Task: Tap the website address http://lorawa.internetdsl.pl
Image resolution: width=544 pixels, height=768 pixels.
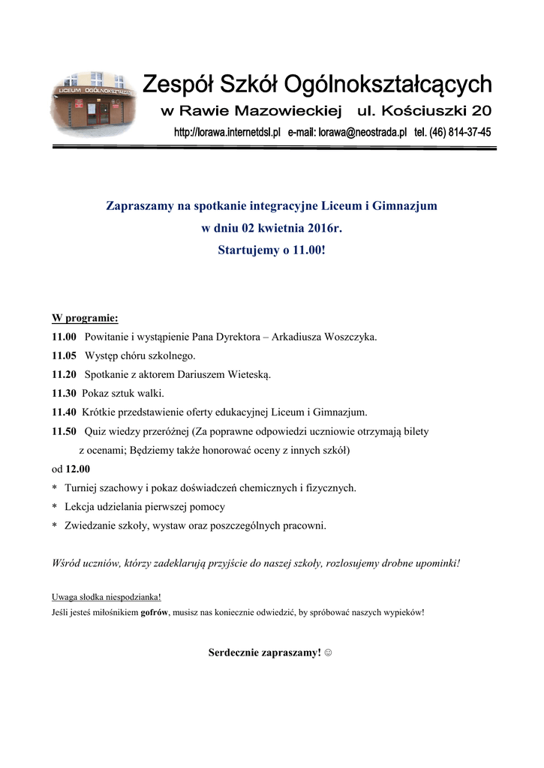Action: click(x=227, y=132)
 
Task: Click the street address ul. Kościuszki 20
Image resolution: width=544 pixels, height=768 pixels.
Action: click(x=425, y=112)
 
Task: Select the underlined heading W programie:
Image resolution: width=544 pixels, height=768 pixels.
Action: click(x=85, y=317)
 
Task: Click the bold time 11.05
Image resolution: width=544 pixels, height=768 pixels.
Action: click(x=64, y=355)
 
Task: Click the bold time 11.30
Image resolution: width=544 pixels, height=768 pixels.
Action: click(x=64, y=393)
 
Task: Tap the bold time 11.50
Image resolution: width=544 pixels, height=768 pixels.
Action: click(x=64, y=431)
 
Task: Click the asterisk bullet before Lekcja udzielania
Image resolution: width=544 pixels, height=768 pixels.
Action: click(x=54, y=508)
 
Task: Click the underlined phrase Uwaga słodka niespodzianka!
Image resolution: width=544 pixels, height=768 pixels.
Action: click(x=106, y=597)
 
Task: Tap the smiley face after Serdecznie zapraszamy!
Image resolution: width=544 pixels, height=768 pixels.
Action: click(x=328, y=653)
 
